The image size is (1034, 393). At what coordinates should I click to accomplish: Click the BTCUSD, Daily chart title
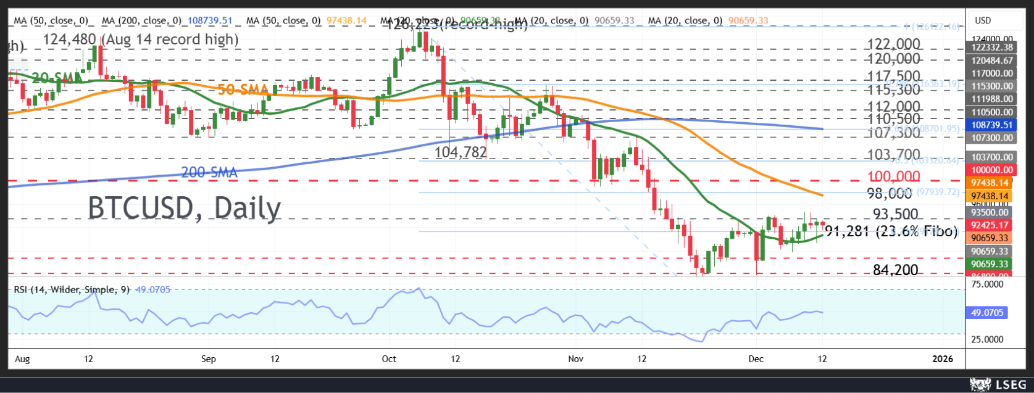(x=184, y=208)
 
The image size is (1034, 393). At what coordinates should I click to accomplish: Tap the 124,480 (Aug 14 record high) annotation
(x=141, y=39)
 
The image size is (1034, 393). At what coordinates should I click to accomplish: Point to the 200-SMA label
(x=209, y=173)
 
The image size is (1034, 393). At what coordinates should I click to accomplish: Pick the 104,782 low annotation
(x=461, y=152)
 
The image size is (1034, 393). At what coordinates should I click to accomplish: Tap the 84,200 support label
(x=895, y=270)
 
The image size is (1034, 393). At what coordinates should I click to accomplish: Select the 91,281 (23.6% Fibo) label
(x=891, y=232)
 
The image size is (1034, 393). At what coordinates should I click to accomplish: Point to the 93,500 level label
(x=895, y=214)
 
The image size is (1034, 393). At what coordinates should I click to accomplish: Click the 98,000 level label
(x=889, y=193)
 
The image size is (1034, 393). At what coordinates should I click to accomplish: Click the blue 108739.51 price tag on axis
(x=990, y=125)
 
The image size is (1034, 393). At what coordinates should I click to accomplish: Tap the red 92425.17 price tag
(x=990, y=225)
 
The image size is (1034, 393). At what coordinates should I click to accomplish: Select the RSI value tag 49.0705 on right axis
(x=988, y=313)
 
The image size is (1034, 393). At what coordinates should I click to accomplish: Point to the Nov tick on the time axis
(x=575, y=358)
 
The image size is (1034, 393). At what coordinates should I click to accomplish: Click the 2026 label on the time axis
(x=942, y=358)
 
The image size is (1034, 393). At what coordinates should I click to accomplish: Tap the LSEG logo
(x=998, y=385)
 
